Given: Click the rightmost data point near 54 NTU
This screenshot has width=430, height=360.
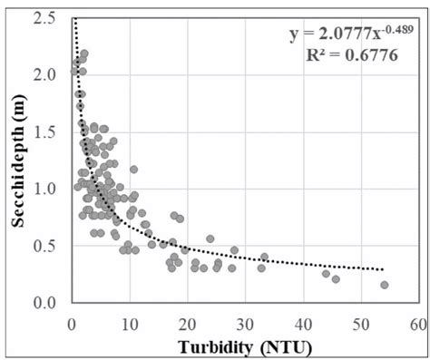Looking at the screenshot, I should pos(384,285).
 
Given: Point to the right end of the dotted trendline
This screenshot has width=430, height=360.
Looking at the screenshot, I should pos(384,269).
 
